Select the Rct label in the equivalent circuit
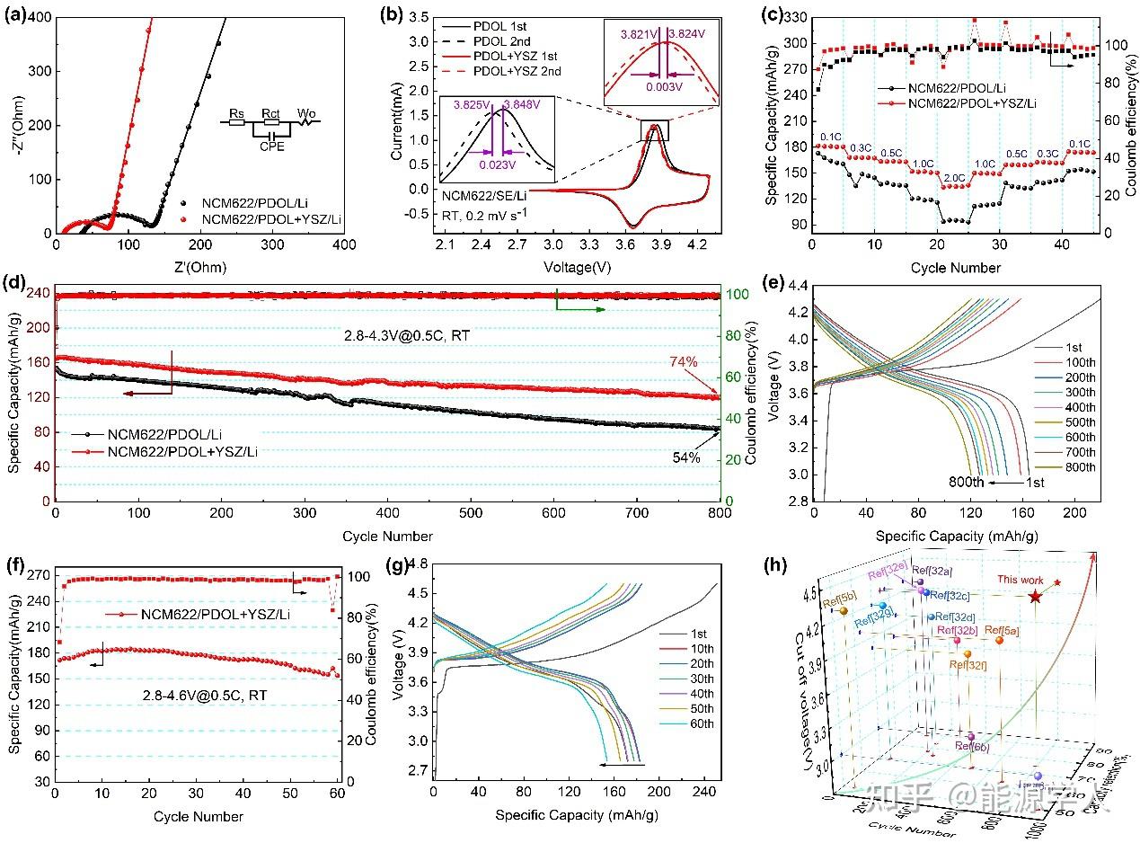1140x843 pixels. pyautogui.click(x=270, y=112)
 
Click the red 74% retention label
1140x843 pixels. pyautogui.click(x=684, y=362)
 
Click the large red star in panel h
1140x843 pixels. pyautogui.click(x=1035, y=596)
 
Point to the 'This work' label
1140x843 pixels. pyautogui.click(x=1015, y=581)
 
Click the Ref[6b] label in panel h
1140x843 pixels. pyautogui.click(x=973, y=745)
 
